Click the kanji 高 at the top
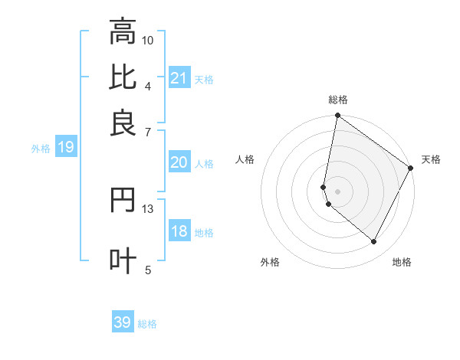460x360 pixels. pos(123,32)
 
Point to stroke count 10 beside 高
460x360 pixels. pos(148,40)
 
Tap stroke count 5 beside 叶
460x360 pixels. pos(148,269)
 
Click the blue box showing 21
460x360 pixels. pos(179,78)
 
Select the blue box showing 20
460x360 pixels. pos(179,162)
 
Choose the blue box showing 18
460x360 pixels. pos(179,232)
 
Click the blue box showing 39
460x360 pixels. pos(123,322)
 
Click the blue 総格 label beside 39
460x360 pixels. pos(147,324)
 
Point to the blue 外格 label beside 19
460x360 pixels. pos(41,149)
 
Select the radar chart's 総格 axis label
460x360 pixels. pos(338,100)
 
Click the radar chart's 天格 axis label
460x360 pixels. pos(431,159)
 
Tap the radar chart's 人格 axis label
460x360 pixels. pos(245,159)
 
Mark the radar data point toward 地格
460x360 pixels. pos(374,242)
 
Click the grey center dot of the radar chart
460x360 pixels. pos(338,191)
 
